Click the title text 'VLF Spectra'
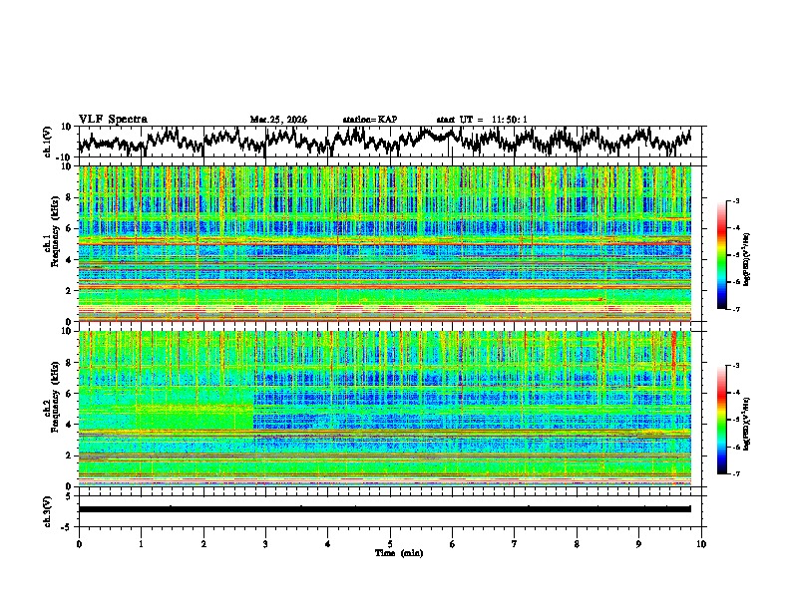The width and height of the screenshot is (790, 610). pos(113,119)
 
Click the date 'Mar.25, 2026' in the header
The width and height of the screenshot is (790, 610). pos(278,120)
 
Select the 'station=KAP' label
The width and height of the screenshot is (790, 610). pos(370,120)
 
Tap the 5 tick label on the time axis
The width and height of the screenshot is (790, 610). pos(390,543)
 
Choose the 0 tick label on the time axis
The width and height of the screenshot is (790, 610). pos(79,543)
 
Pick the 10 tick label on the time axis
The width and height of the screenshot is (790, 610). pos(701,543)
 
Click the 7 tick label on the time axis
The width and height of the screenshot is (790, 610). pos(515,543)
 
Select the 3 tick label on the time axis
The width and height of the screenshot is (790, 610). pos(265,543)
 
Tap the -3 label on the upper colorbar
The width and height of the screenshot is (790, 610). pos(736,201)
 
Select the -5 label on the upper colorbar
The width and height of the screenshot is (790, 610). pos(736,255)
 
